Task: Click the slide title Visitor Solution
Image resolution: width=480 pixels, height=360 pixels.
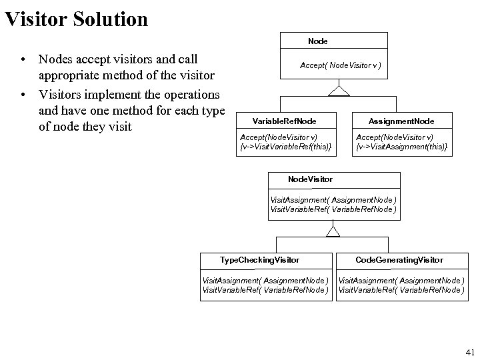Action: click(x=76, y=19)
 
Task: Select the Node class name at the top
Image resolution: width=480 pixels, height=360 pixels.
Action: click(x=317, y=41)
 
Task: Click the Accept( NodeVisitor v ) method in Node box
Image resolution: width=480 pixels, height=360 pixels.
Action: click(x=341, y=65)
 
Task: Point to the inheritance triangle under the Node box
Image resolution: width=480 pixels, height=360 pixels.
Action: click(x=340, y=91)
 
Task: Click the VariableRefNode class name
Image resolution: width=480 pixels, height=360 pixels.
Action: click(x=284, y=121)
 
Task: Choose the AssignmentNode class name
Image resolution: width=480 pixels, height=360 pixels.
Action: click(x=401, y=121)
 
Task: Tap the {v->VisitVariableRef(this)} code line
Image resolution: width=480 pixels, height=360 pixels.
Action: click(x=285, y=146)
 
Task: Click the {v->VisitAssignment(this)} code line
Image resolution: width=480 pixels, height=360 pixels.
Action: click(x=401, y=146)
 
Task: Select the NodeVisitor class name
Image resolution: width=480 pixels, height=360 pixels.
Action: click(x=310, y=179)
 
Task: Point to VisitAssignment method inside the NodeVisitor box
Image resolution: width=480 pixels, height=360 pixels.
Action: click(x=333, y=200)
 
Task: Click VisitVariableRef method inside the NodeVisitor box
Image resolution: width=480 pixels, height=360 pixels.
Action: click(x=333, y=209)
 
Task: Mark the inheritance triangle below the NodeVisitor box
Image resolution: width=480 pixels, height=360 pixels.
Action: click(x=333, y=231)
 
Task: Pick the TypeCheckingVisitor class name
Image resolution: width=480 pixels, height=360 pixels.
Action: click(x=259, y=259)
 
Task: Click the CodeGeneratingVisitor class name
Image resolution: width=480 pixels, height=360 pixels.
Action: click(x=399, y=259)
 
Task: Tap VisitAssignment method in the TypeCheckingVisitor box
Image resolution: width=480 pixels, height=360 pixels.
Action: click(x=265, y=280)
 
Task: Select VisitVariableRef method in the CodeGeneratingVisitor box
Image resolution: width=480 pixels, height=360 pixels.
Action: click(x=401, y=289)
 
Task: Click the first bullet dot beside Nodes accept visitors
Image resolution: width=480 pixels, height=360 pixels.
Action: click(x=23, y=60)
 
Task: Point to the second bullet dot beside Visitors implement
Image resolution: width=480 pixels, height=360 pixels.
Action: click(x=23, y=93)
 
